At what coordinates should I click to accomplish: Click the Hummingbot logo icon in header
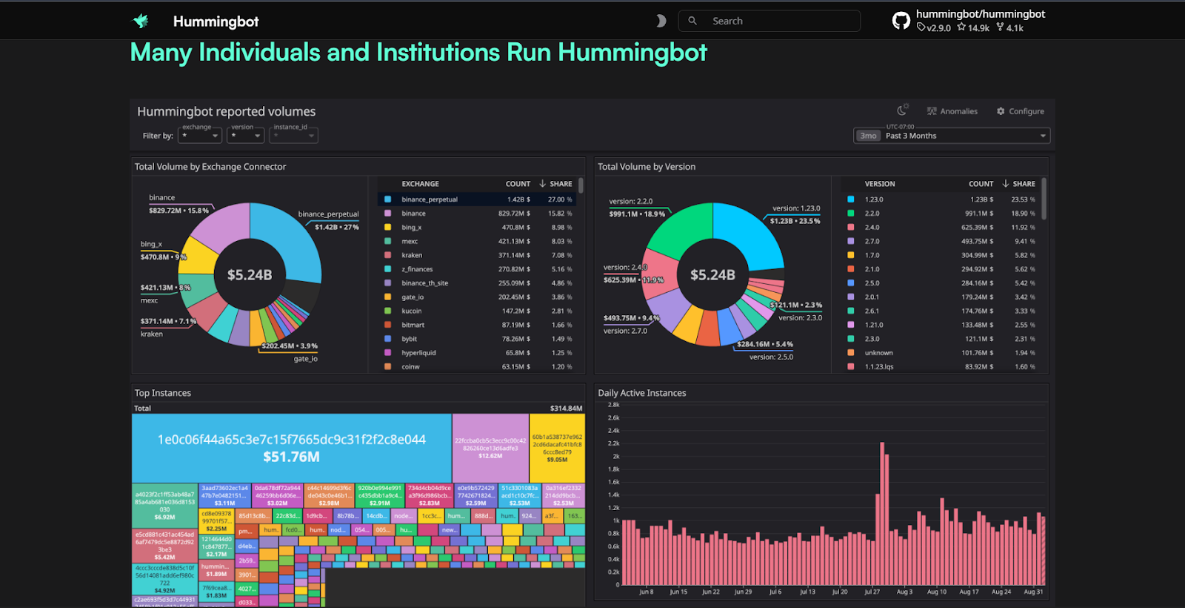(141, 21)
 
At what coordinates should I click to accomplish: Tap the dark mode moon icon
(661, 21)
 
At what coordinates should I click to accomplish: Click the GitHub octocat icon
(901, 21)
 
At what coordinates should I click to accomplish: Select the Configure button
(1020, 111)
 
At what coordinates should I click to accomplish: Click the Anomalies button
(952, 111)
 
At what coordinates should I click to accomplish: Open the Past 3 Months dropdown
(952, 136)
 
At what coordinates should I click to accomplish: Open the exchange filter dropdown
(200, 136)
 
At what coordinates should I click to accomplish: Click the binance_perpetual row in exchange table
(430, 199)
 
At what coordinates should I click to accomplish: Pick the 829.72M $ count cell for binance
(514, 214)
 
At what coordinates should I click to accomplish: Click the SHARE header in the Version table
(1024, 184)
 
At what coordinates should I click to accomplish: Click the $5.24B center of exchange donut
(250, 275)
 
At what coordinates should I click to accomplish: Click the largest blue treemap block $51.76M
(291, 448)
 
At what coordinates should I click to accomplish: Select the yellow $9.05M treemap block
(557, 448)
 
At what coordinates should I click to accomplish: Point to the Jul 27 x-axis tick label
(872, 592)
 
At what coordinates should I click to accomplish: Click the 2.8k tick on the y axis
(613, 405)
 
